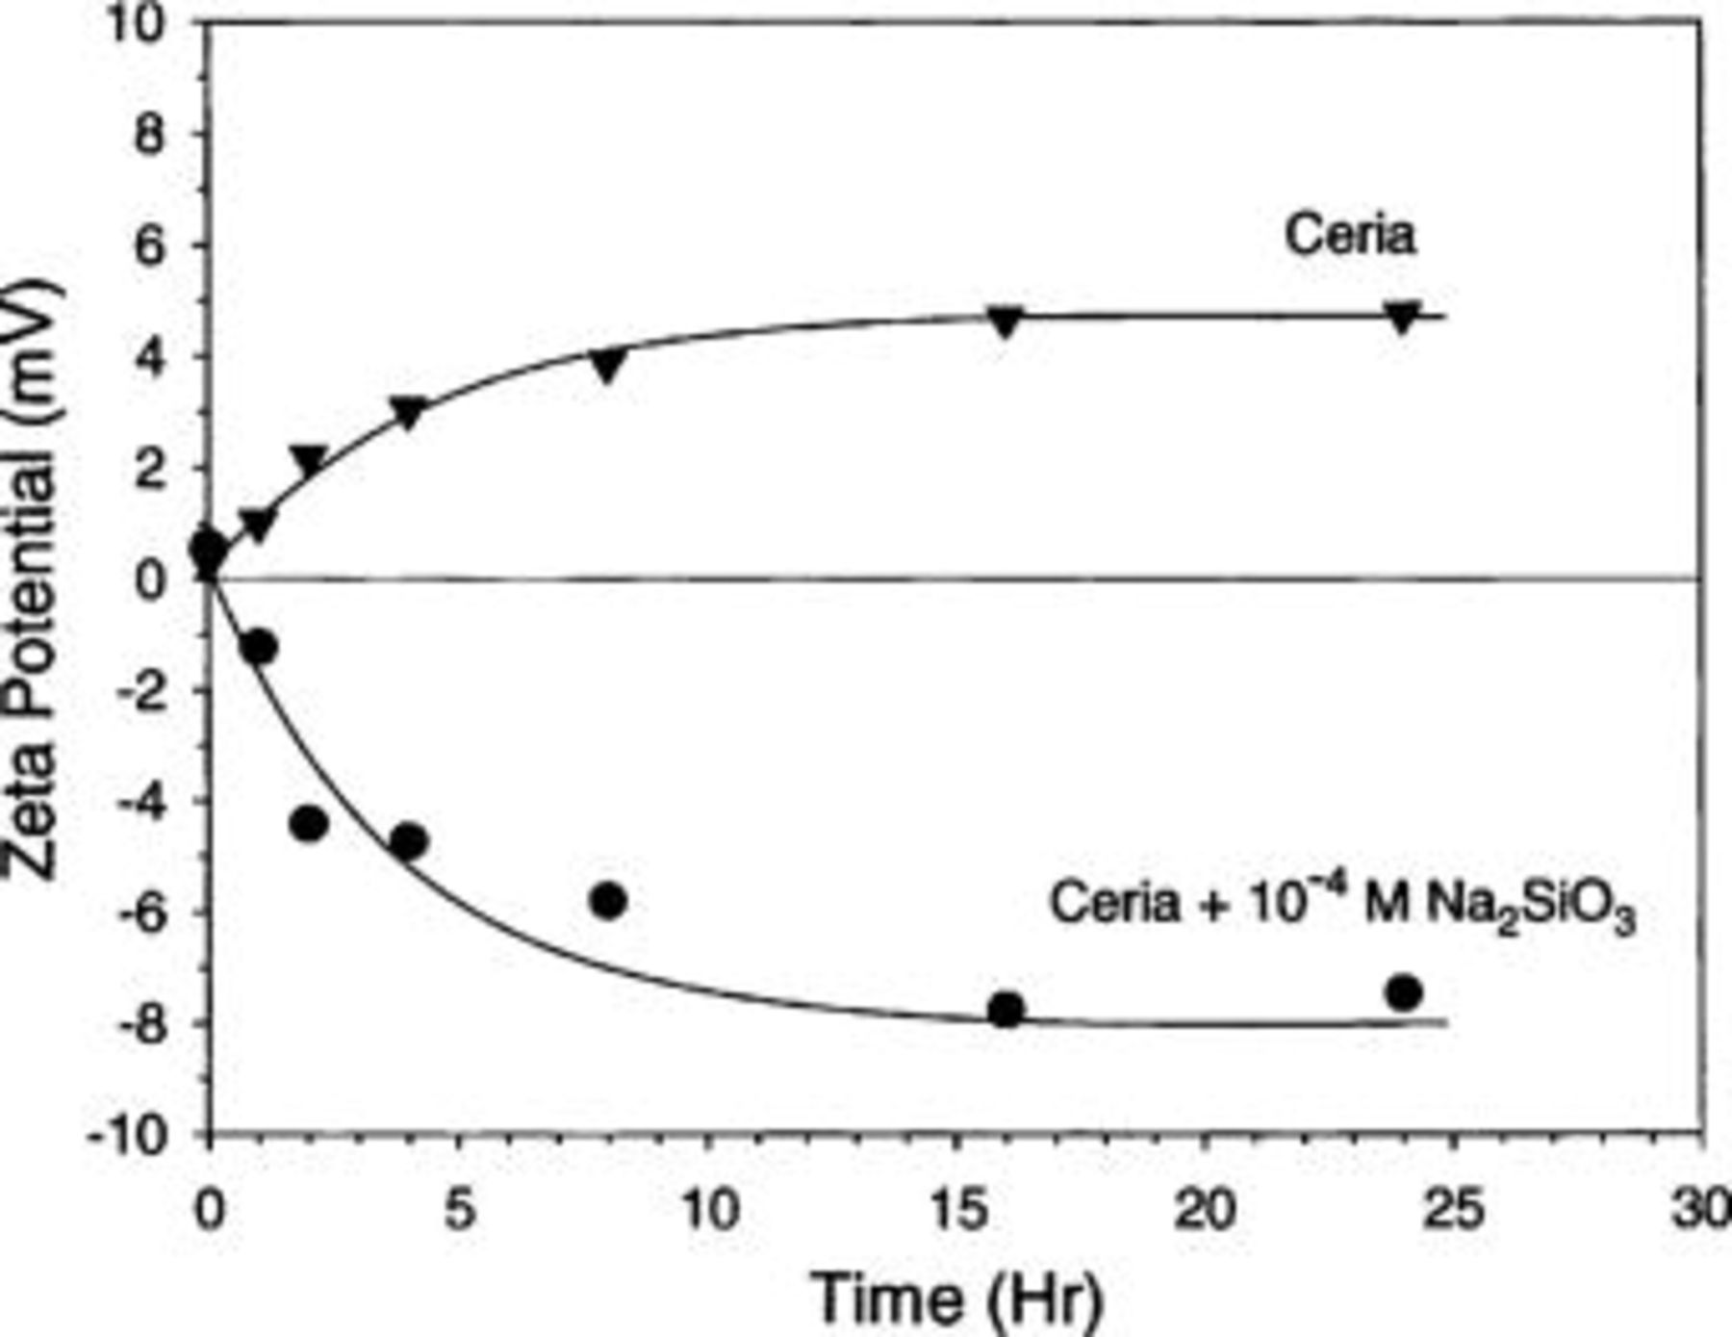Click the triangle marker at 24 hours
1404,317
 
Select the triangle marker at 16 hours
1006,321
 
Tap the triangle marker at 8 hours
608,366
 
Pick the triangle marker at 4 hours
409,412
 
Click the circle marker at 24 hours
1404,992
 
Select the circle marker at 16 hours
1006,1010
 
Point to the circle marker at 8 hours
608,901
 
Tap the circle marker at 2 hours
309,824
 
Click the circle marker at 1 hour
259,647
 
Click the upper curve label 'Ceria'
1350,236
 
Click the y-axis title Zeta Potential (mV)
33,578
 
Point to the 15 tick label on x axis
961,1210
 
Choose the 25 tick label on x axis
1452,1210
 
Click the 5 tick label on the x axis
459,1210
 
